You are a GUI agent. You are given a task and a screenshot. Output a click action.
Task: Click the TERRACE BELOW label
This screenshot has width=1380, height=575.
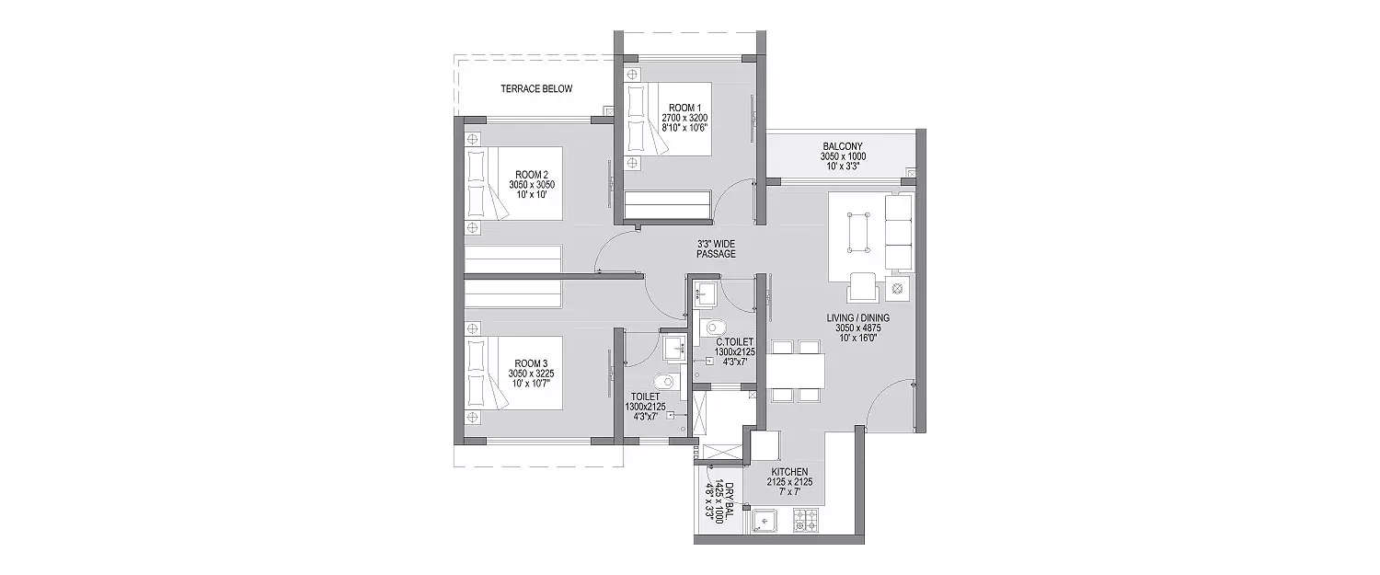(536, 89)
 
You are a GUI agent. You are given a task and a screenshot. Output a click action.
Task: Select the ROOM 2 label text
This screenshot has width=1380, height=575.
(532, 175)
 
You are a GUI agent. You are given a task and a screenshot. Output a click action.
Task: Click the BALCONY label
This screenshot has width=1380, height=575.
(843, 146)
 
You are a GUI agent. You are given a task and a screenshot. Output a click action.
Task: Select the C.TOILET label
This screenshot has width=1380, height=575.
(734, 340)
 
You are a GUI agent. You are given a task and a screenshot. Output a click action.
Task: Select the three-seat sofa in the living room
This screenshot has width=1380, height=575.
(899, 232)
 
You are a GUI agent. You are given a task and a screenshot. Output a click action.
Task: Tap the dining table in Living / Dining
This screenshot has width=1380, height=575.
(795, 371)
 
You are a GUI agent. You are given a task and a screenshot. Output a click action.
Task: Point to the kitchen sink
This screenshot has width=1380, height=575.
(765, 522)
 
